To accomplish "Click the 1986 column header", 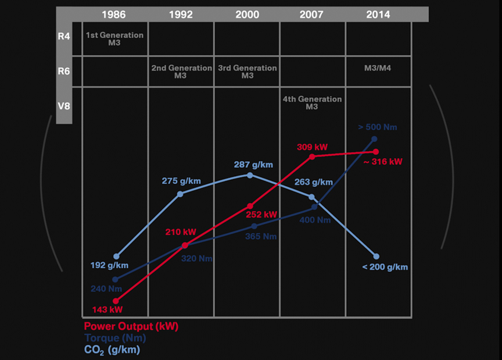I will click(114, 15).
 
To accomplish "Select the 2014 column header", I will click(378, 15).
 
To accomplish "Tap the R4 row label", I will click(64, 37).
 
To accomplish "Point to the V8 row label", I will click(64, 106).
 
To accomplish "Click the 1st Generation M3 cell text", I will click(114, 39).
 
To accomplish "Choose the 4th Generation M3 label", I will click(312, 103).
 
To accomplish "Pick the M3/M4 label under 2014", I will click(378, 68).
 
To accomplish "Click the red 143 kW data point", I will click(116, 301).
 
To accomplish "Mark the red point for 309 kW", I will click(312, 156).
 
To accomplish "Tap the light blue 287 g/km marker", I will click(250, 175).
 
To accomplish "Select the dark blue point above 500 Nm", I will click(374, 139).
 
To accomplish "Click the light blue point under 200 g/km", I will click(376, 256).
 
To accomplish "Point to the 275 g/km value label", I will click(181, 181).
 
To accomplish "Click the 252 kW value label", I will click(263, 215).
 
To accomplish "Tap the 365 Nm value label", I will click(261, 237).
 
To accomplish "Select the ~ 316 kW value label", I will click(383, 162).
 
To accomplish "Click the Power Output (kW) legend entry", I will click(131, 326).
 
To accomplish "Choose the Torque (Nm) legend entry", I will click(115, 338).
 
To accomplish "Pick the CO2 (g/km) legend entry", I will click(112, 350).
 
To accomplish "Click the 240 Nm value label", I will click(106, 288).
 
